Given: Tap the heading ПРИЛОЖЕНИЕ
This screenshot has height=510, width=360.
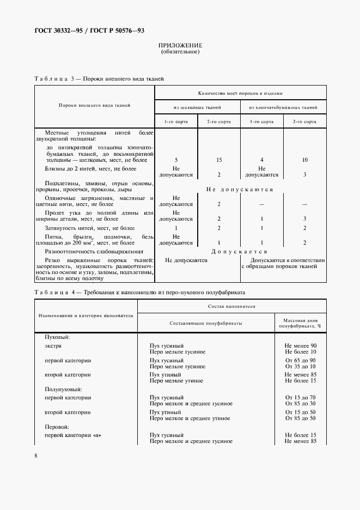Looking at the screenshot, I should click(x=180, y=45).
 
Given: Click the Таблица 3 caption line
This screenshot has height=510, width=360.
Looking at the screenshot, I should click(x=99, y=79).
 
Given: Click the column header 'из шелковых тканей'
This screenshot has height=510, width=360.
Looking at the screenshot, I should click(x=198, y=107).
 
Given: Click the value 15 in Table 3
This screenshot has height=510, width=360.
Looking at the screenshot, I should click(x=219, y=160).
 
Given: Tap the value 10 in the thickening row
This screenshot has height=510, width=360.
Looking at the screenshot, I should click(x=304, y=160).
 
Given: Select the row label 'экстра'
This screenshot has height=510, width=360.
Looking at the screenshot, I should click(x=53, y=346).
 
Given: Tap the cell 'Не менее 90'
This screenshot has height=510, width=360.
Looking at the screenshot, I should click(x=301, y=346).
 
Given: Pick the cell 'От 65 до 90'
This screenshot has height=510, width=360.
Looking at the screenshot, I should click(x=301, y=361).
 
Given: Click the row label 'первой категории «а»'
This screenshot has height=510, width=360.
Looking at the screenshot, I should click(x=73, y=435).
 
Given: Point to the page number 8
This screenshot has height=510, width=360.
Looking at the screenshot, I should click(x=35, y=456).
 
